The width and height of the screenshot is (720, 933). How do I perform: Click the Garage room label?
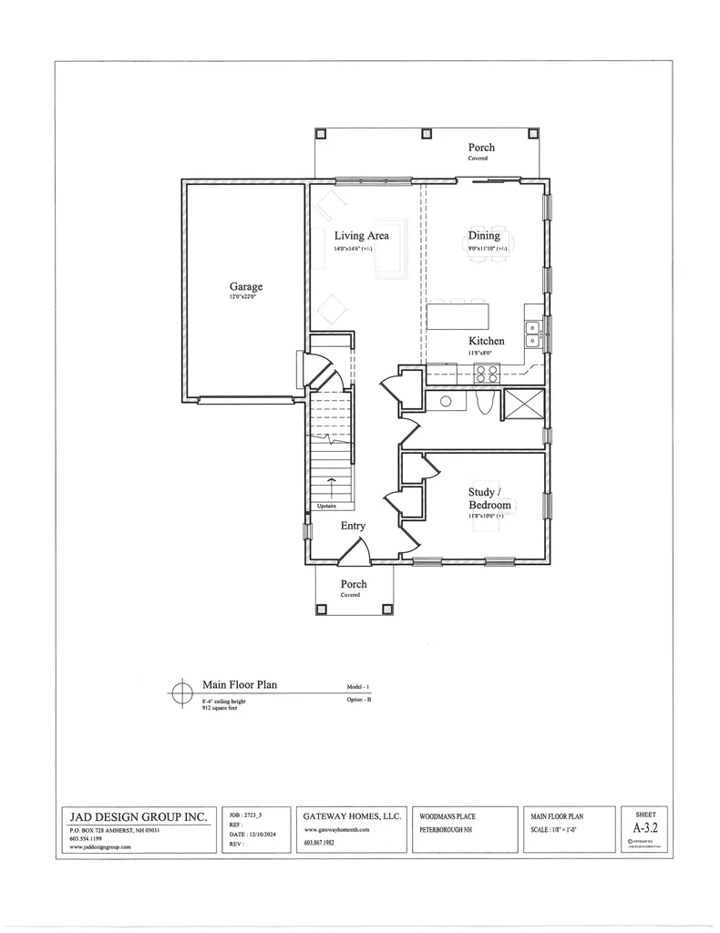pyautogui.click(x=245, y=287)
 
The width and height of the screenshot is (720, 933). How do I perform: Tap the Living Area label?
pyautogui.click(x=361, y=235)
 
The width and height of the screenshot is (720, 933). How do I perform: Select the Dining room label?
pyautogui.click(x=484, y=235)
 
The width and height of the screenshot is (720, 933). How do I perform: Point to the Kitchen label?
pyautogui.click(x=486, y=341)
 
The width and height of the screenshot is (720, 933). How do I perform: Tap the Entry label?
pyautogui.click(x=353, y=526)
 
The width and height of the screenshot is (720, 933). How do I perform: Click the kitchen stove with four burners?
pyautogui.click(x=485, y=373)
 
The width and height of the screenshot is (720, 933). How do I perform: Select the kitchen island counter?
pyautogui.click(x=458, y=316)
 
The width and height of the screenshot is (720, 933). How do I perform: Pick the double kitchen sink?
pyautogui.click(x=532, y=334)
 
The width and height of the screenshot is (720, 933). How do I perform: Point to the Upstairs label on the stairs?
pyautogui.click(x=326, y=506)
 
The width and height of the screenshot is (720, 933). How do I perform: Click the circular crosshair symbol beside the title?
pyautogui.click(x=180, y=695)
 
